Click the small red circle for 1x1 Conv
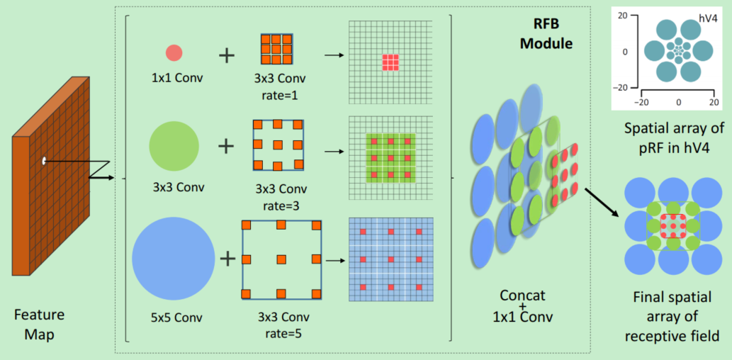(174, 53)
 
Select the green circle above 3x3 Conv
(174, 146)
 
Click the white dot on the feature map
(44, 161)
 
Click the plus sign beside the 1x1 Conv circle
(226, 54)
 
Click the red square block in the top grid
(391, 62)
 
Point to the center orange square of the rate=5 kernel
(281, 259)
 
